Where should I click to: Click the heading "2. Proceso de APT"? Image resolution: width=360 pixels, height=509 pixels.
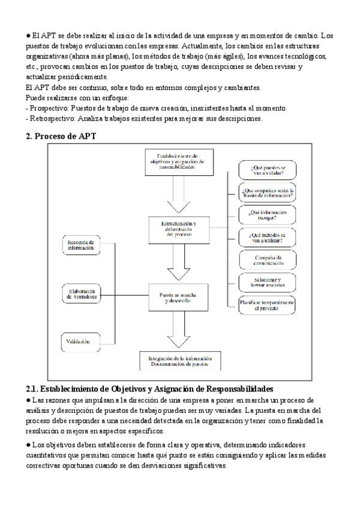(61, 136)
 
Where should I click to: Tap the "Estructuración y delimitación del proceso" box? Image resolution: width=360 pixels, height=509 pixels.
(178, 229)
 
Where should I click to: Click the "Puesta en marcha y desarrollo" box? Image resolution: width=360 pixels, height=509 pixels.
(178, 298)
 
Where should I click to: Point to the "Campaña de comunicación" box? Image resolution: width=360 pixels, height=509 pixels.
(267, 260)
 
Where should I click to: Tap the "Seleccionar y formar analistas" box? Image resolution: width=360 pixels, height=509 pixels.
(267, 282)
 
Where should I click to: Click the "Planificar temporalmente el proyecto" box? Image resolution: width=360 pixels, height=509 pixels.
(267, 305)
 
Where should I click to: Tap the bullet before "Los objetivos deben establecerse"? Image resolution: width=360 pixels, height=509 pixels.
(28, 445)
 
